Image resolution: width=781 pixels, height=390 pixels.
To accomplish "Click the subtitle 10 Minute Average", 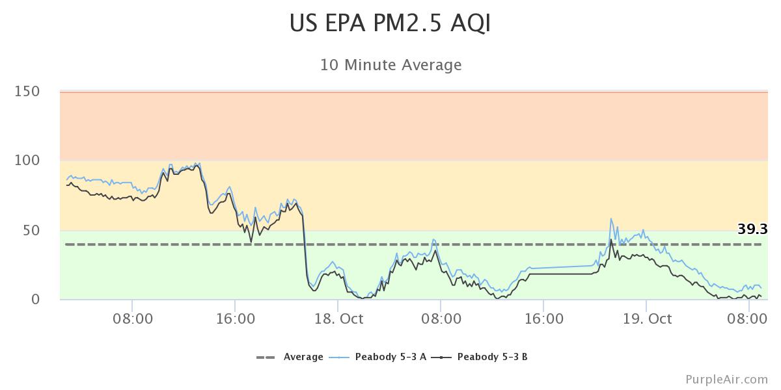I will click(390, 65).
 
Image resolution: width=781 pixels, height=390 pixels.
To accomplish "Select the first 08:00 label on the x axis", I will click(132, 319).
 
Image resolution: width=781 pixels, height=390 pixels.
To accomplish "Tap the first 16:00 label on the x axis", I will click(235, 319).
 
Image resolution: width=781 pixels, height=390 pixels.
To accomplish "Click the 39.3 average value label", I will click(752, 229).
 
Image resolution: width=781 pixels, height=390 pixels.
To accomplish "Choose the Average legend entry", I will click(303, 357).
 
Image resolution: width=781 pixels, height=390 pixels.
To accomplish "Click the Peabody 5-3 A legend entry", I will click(390, 357).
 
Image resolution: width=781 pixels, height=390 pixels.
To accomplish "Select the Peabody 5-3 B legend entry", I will click(492, 357).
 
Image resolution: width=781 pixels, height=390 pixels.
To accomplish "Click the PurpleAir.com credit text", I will click(726, 379).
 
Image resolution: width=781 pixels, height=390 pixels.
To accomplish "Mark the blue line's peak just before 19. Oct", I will click(611, 218).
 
